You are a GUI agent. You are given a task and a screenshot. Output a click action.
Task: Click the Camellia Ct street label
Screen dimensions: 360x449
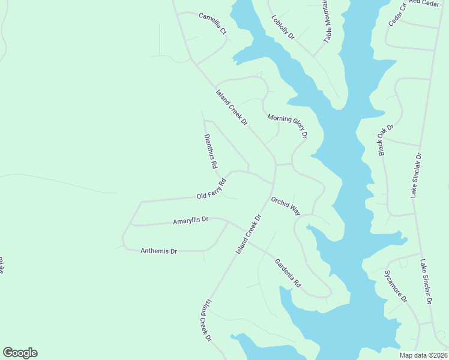click(213, 23)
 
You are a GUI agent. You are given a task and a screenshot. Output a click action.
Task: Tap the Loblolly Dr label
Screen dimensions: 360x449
click(283, 28)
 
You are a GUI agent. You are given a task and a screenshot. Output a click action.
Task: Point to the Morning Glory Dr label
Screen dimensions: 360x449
click(288, 127)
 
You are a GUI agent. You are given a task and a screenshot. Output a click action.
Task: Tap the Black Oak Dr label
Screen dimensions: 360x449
click(385, 140)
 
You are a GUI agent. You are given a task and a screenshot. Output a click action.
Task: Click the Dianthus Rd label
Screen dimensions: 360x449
click(210, 151)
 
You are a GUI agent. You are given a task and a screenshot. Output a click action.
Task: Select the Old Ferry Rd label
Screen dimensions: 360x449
click(211, 190)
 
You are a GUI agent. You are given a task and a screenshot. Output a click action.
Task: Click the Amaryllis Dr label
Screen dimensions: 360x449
click(190, 221)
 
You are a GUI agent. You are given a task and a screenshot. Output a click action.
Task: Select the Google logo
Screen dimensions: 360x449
click(20, 353)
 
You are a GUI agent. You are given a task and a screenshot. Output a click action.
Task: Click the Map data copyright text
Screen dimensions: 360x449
click(424, 355)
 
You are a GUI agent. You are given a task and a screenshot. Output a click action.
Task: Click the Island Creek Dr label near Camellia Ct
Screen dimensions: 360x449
click(232, 107)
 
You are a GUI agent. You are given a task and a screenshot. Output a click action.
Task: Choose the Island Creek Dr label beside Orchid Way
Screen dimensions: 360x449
click(250, 233)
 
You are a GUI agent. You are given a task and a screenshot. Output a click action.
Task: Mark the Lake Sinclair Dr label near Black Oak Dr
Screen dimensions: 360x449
click(416, 175)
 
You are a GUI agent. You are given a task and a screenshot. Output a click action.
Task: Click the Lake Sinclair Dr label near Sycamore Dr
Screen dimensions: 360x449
click(426, 282)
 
